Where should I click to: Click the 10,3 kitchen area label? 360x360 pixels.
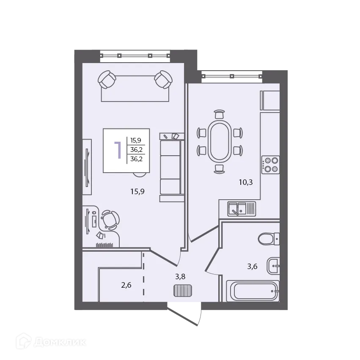[246, 182]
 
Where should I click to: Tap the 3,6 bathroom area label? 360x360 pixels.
[252, 267]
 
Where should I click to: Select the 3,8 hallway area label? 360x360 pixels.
[180, 277]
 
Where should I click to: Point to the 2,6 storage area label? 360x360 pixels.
[126, 285]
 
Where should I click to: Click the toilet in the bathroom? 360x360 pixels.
[269, 239]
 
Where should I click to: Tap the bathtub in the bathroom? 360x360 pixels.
[253, 291]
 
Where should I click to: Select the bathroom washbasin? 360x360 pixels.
[273, 266]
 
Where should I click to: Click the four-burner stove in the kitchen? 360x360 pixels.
[271, 165]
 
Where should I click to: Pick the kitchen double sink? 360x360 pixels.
[242, 209]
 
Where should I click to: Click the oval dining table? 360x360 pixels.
[220, 141]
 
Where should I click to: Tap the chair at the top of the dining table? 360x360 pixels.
[219, 114]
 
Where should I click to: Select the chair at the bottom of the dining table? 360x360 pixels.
[219, 169]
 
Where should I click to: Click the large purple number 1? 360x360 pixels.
[118, 150]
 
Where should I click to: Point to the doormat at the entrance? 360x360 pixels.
[182, 291]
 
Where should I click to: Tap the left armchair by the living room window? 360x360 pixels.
[107, 80]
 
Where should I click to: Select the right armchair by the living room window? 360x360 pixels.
[163, 80]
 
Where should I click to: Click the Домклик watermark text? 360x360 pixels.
[60, 342]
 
